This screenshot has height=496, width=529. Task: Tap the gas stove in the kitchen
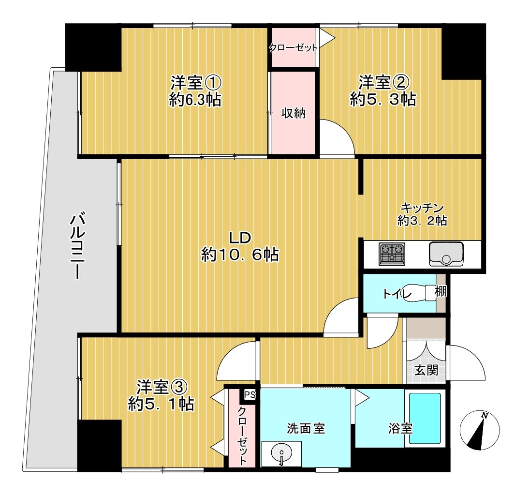coord(392,254)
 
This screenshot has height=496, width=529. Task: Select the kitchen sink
coord(445,254)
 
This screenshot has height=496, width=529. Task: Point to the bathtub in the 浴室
coord(425,418)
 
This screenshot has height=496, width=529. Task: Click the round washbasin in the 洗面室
coord(280,455)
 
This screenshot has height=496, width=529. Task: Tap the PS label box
coord(250,395)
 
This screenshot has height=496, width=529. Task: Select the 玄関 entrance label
coord(426,371)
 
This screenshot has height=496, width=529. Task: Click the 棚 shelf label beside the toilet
coord(441,292)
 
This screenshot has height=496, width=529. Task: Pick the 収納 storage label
coord(294,114)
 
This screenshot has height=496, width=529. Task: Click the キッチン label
coord(421,208)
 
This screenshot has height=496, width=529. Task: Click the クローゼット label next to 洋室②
coord(293,47)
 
